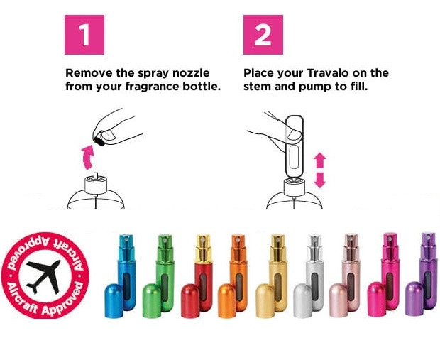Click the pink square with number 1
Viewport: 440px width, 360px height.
point(84,33)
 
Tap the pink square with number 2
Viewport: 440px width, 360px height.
point(263,33)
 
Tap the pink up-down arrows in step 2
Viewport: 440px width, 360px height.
point(319,170)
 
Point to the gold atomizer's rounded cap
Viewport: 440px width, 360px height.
point(265,299)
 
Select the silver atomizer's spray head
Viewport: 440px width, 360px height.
point(314,245)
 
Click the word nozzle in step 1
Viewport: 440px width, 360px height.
point(179,73)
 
